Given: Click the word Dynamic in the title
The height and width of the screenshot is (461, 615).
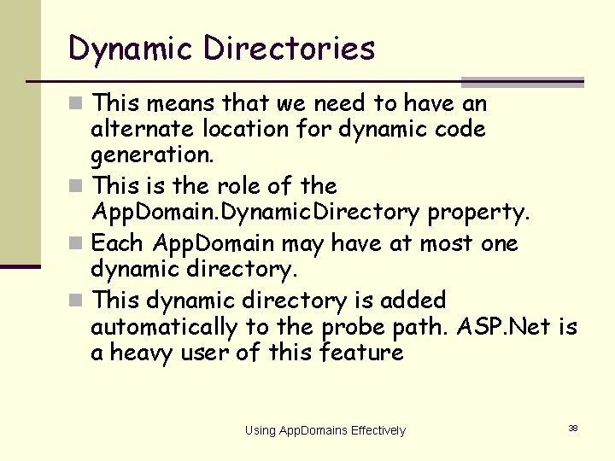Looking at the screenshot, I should [131, 49].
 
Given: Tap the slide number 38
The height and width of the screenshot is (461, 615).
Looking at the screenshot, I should [572, 428].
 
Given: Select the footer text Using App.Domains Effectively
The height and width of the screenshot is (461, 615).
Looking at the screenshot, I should [325, 430].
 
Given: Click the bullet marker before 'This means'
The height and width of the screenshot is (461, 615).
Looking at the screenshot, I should [78, 104].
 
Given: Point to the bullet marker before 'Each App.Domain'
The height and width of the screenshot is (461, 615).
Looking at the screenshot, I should [78, 244].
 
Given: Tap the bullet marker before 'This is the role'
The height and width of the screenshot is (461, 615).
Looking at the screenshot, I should [78, 186].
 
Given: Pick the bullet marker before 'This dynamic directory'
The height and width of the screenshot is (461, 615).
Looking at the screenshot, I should [78, 301].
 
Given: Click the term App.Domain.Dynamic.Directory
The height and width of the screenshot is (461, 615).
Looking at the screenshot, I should [255, 213].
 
